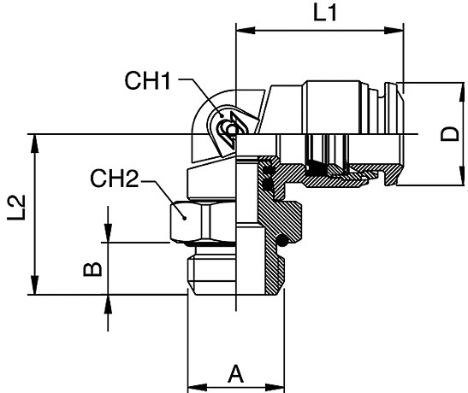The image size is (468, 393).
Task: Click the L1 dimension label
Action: (x=325, y=14)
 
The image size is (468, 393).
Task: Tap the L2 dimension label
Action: (x=16, y=208)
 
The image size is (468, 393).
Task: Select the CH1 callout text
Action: (x=147, y=80)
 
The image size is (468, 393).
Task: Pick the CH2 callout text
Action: (x=115, y=179)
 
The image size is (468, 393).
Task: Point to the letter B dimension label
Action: (x=92, y=270)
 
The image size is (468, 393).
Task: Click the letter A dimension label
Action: (x=236, y=373)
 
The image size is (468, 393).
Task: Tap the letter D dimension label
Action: (x=449, y=134)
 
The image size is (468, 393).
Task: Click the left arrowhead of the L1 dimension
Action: (x=246, y=30)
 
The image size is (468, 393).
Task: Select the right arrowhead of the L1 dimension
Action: (x=394, y=30)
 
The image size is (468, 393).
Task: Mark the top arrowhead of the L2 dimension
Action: (x=35, y=144)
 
